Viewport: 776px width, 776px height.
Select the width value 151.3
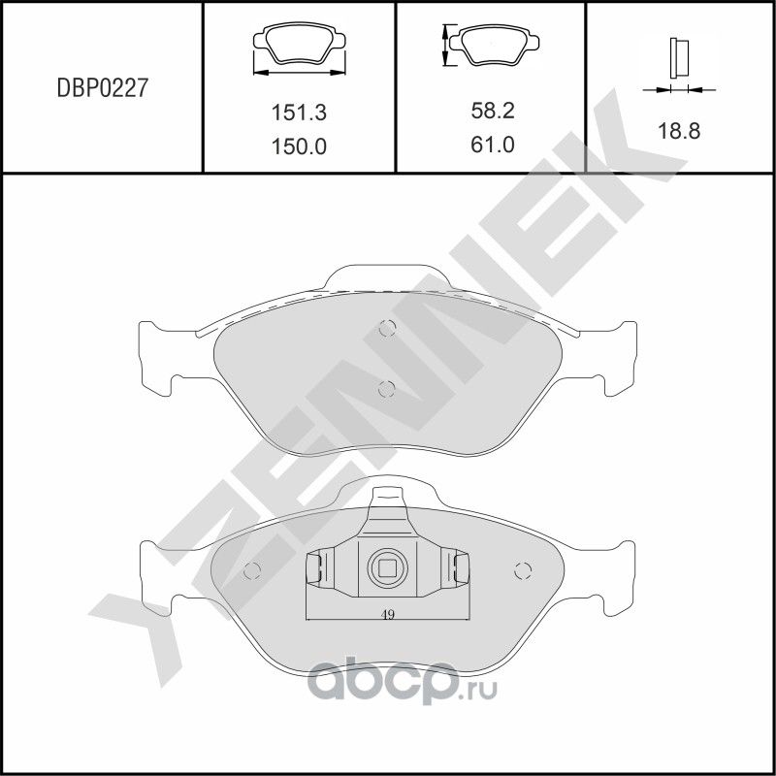[298, 113]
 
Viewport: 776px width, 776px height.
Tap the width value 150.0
[298, 146]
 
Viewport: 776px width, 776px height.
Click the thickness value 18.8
[679, 131]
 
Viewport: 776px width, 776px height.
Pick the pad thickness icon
[678, 64]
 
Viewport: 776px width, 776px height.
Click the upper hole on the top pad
[387, 328]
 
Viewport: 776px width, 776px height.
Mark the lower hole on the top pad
[386, 389]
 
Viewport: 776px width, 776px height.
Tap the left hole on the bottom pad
[253, 569]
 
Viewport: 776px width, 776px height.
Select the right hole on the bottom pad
[523, 569]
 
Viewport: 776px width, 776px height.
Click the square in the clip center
[387, 568]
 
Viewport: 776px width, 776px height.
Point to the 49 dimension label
[387, 613]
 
